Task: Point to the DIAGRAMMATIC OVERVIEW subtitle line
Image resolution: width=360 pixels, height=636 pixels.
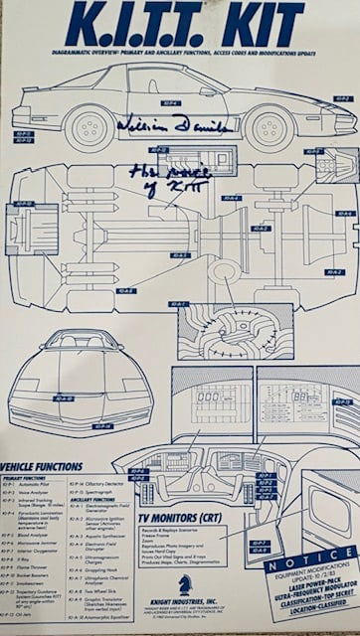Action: pos(179,51)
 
